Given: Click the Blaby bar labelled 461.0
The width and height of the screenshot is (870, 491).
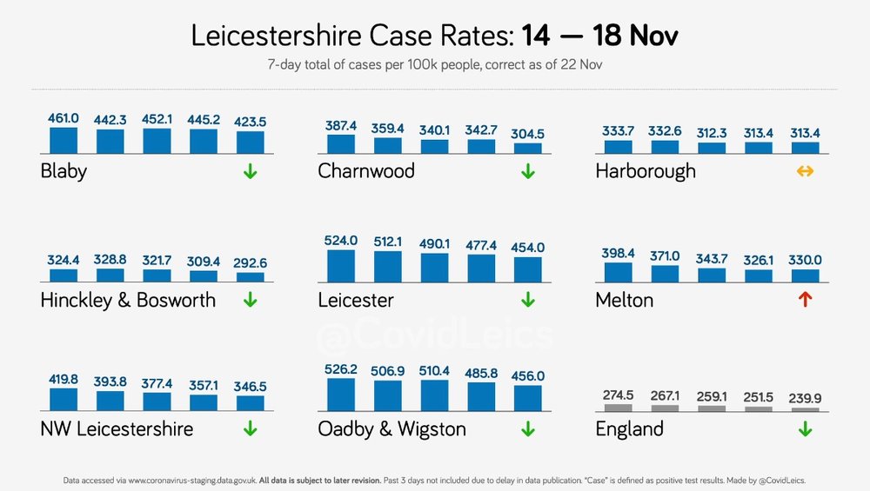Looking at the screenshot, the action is pos(64,141).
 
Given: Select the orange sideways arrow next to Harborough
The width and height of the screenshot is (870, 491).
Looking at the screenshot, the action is pos(805,171).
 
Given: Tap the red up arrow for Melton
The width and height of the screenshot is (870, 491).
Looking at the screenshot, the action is pos(805,299).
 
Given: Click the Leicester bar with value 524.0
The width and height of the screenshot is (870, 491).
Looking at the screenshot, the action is pos(341,267).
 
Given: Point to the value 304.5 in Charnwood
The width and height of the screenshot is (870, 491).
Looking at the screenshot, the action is pos(528,134).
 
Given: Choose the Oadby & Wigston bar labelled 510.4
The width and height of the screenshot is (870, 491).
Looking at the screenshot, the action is pos(434,395).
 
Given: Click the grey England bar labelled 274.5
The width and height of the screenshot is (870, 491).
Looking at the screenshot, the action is pos(618,408).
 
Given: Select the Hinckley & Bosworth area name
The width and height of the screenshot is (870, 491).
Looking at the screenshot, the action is pos(128,301).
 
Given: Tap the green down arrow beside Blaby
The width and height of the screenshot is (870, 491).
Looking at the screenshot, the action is pos(251,171).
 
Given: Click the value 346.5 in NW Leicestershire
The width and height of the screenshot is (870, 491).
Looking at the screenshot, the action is pos(250,386).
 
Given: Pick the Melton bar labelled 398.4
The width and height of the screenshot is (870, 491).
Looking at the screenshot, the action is pos(618,273).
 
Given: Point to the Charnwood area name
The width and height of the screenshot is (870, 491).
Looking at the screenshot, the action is pos(366,170).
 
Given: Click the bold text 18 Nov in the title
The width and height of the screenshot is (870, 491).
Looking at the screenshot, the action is pos(635,36).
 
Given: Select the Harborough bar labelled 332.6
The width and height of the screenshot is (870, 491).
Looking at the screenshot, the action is pos(665,147).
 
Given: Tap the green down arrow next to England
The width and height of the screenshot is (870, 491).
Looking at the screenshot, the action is pos(805,429).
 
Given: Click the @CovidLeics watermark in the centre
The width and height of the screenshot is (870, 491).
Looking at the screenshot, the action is pos(435,335).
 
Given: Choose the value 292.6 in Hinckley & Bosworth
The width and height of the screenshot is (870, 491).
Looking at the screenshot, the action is pos(250,262).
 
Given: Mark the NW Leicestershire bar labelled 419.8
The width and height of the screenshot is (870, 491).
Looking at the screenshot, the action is pos(64,400).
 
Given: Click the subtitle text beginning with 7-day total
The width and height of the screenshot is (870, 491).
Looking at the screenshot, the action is pos(435,65).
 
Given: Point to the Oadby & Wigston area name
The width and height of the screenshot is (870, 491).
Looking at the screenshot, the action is pos(391,429).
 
